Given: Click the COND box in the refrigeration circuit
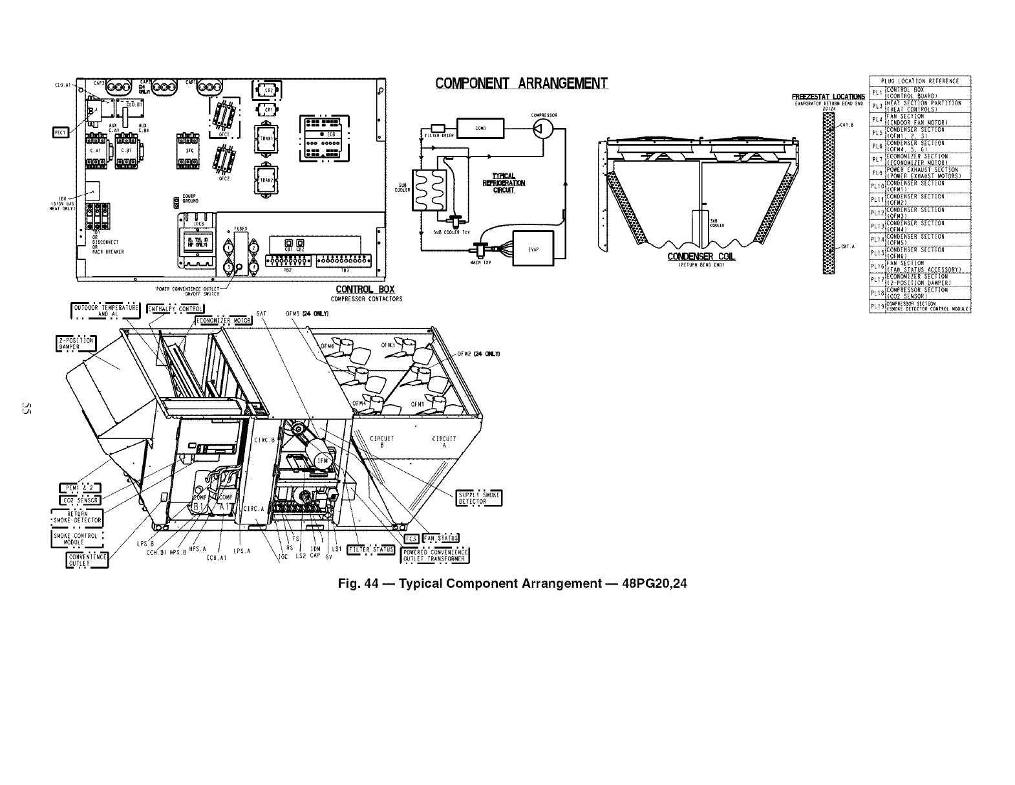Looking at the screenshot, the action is pos(480,128).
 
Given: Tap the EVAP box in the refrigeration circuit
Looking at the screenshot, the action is pos(533,248).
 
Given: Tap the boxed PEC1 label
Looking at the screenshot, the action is pos(61,133).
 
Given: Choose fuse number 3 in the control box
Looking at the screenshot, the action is pos(229,267).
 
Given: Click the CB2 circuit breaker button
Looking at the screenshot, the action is pos(301,243).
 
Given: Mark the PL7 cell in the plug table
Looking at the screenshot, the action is pos(877,159).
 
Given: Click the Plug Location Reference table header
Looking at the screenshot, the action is pos(920,81).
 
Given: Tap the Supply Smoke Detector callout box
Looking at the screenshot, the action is pos(479,498).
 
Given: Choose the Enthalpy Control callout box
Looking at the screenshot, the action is pos(175,308).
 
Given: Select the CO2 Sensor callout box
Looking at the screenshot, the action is pos(80,500).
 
